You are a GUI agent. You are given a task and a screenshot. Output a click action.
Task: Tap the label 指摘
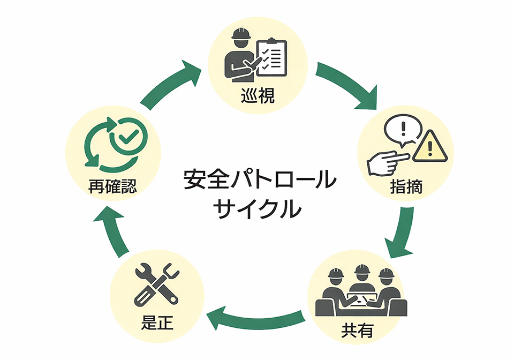click(406, 187)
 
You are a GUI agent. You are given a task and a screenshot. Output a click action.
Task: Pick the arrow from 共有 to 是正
click(256, 320)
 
